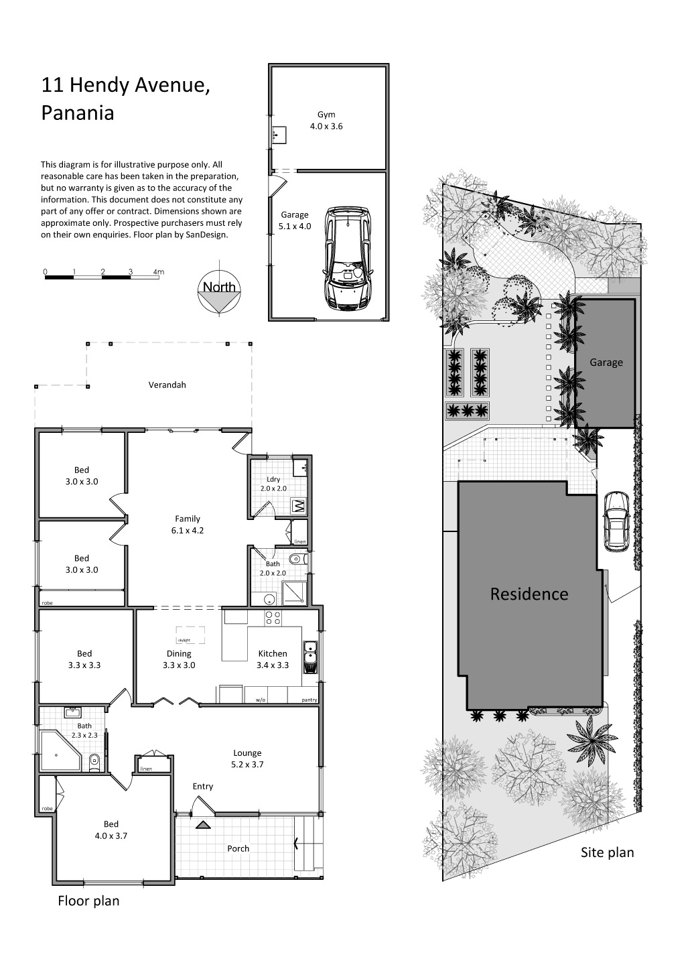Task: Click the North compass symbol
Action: pos(219,293)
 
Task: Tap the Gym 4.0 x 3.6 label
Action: pos(326,121)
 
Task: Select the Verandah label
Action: pos(167,385)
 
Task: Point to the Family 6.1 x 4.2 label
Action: pos(188,525)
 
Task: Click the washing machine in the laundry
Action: pos(297,506)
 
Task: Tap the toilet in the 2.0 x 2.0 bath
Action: pos(297,558)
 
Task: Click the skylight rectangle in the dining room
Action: pos(191,635)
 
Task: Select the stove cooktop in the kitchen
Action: pos(273,618)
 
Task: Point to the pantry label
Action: pos(309,700)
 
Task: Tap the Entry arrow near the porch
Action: pos(202,825)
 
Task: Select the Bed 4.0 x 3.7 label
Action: pos(111,830)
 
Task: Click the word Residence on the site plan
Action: pos(529,594)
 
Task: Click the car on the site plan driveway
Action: pos(616,521)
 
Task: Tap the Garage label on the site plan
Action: pos(606,363)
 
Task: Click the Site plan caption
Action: pos(607,853)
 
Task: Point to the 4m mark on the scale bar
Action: pos(159,272)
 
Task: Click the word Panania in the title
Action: pos(78,113)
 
